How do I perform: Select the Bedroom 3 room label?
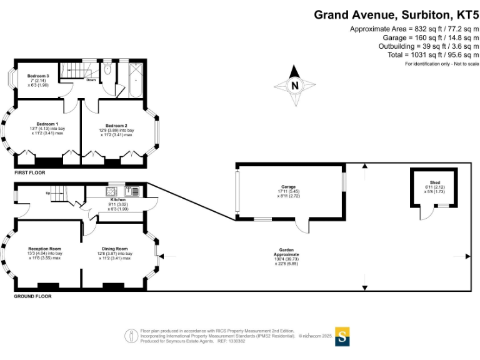[38, 76]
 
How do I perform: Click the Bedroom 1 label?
[47, 124]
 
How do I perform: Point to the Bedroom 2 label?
[117, 126]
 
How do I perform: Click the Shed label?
[435, 182]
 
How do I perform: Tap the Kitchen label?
[118, 200]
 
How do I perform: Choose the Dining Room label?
[115, 249]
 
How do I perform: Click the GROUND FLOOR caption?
[32, 296]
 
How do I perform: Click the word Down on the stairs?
[91, 80]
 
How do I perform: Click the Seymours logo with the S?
[342, 336]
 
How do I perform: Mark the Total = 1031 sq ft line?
[424, 55]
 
